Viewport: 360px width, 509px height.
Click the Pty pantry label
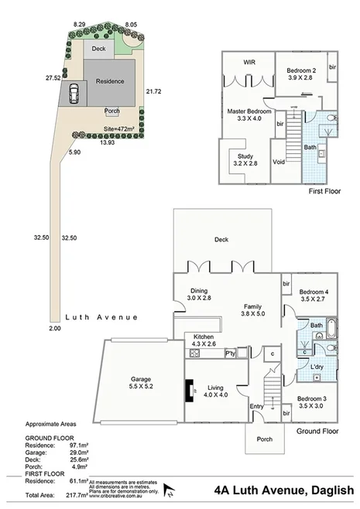coord(229,354)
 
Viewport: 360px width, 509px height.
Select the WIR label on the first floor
coord(249,62)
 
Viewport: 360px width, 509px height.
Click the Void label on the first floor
coord(280,162)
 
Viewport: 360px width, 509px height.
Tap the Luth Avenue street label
coord(101,317)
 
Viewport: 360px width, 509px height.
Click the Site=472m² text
coord(119,130)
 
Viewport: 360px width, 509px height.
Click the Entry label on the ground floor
coord(256,406)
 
